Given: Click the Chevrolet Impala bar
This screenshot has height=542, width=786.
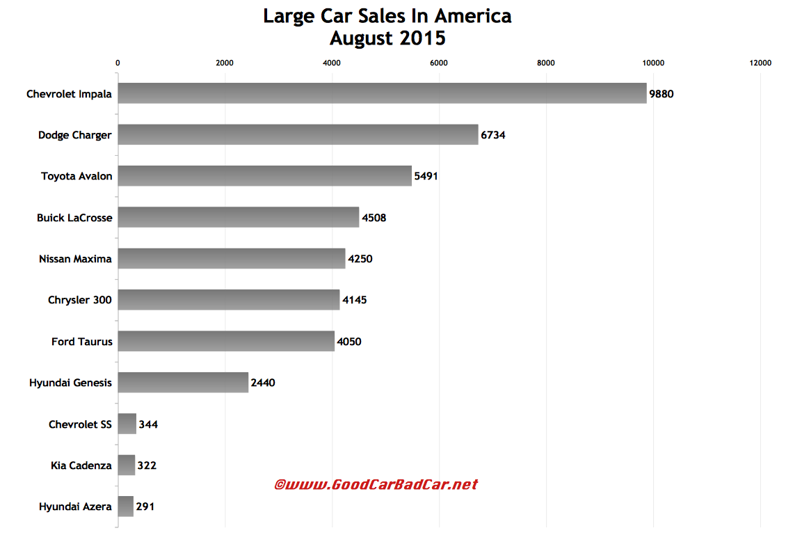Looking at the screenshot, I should pyautogui.click(x=382, y=93).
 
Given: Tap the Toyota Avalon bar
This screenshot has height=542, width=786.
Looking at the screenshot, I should pyautogui.click(x=264, y=176).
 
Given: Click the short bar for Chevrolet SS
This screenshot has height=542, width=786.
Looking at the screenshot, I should pyautogui.click(x=127, y=424).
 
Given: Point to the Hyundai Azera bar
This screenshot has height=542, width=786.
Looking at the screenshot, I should pyautogui.click(x=125, y=507).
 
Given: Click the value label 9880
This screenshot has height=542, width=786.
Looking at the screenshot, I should pyautogui.click(x=661, y=94).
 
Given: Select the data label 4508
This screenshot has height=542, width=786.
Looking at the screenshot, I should pyautogui.click(x=374, y=218).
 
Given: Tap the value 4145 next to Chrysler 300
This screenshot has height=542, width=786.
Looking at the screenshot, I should pyautogui.click(x=354, y=301).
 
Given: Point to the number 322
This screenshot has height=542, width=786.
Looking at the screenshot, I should pyautogui.click(x=147, y=465).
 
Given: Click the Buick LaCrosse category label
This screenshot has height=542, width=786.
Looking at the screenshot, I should pyautogui.click(x=74, y=218).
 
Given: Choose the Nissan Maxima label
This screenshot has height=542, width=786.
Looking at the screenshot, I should pyautogui.click(x=75, y=259).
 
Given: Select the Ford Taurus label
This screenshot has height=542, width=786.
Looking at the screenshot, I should pyautogui.click(x=81, y=342).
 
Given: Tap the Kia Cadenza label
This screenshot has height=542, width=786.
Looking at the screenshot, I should pyautogui.click(x=80, y=465).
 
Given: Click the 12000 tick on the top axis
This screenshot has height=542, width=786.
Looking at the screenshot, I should pyautogui.click(x=760, y=63).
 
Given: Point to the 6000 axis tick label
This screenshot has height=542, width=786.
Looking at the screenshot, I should pyautogui.click(x=439, y=63).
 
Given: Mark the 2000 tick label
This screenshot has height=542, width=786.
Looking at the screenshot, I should pyautogui.click(x=225, y=63).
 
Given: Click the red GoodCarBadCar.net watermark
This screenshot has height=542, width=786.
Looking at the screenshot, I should pyautogui.click(x=376, y=484).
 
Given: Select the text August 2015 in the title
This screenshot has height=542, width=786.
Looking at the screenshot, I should pyautogui.click(x=387, y=38).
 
